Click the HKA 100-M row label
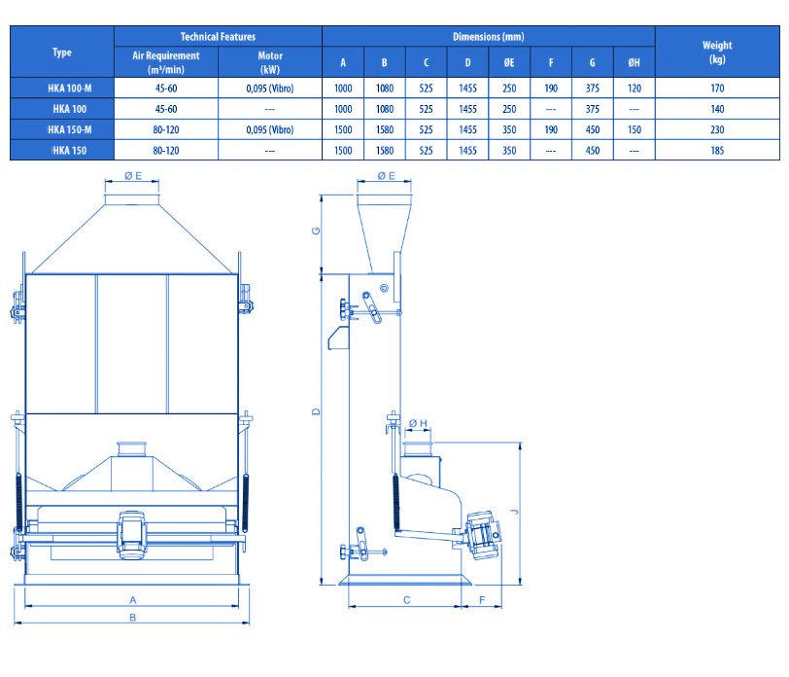[x=69, y=89]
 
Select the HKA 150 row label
[x=69, y=150]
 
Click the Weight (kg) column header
[x=717, y=52]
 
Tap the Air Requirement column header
[x=165, y=62]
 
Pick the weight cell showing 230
[x=717, y=129]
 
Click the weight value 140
[x=717, y=109]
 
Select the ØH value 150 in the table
[x=634, y=129]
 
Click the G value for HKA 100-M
[x=593, y=89]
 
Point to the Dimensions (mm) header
[x=488, y=36]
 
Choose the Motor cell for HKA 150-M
[x=270, y=129]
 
